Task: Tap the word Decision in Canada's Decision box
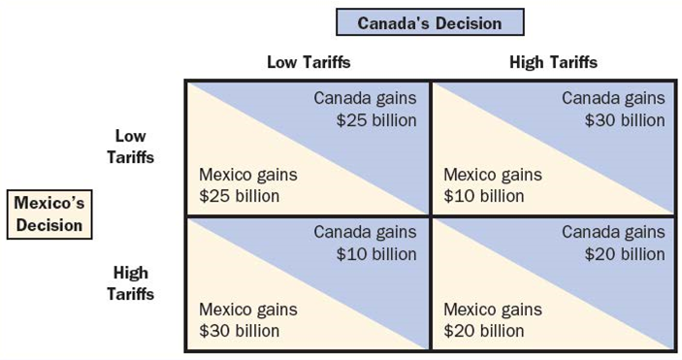coord(468,23)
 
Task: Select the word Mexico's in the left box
coord(49,204)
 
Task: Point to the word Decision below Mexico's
coord(49,225)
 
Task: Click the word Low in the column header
coord(281,62)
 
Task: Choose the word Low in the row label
coord(130,136)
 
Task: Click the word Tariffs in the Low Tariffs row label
coord(130,156)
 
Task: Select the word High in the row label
coord(130,273)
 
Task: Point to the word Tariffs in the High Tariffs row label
coord(130,293)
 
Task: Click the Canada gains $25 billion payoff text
coord(365,109)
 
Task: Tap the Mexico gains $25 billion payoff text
coord(248,185)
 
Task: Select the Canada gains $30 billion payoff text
coord(613,109)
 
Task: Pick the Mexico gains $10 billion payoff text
coord(493,185)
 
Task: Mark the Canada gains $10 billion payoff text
coord(365,243)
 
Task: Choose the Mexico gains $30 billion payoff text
coord(248,320)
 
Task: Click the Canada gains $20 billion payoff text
coord(613,243)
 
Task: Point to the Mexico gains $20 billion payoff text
coord(493,320)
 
